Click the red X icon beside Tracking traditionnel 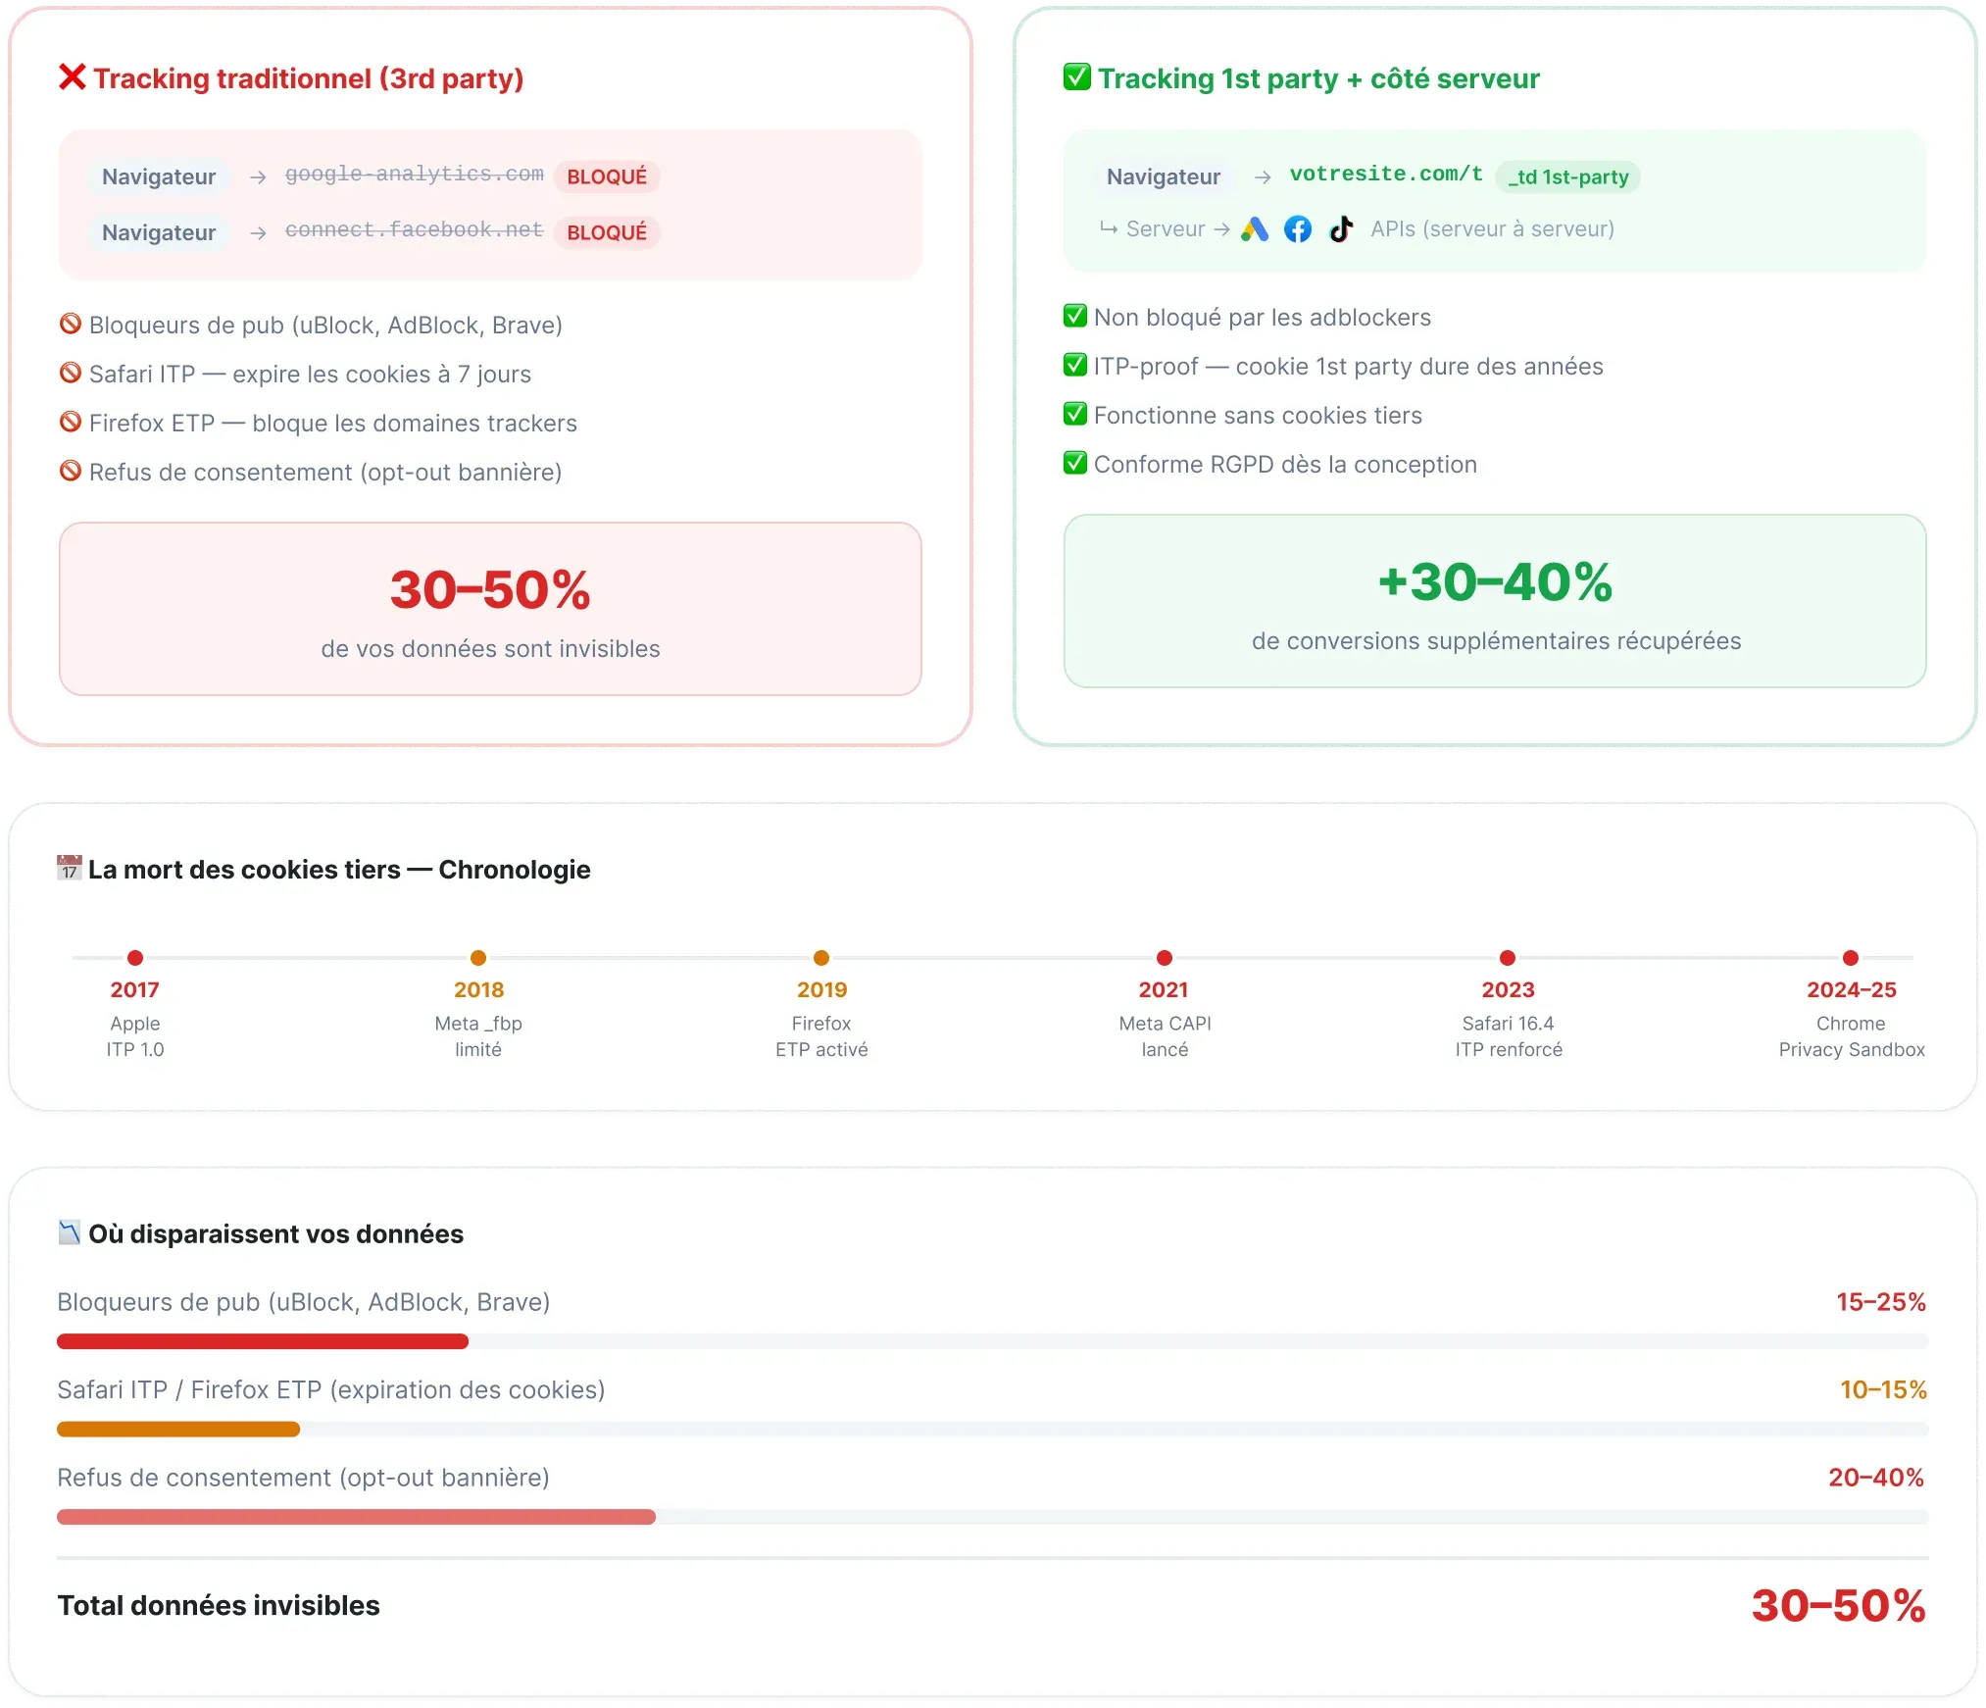[x=73, y=77]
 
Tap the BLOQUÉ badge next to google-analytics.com [x=607, y=176]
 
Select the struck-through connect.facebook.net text [x=414, y=229]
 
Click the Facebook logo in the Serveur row [x=1298, y=229]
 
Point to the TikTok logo [x=1341, y=229]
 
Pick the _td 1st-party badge [x=1567, y=176]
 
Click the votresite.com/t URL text [x=1386, y=174]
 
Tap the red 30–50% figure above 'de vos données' [x=490, y=589]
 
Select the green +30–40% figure [x=1495, y=581]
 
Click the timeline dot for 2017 [x=135, y=958]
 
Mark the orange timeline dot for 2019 [x=821, y=958]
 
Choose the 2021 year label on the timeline [x=1164, y=990]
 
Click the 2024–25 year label [x=1852, y=990]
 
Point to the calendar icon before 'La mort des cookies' [x=69, y=868]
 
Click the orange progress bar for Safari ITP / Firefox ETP [x=178, y=1430]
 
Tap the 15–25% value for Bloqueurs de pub [x=1881, y=1302]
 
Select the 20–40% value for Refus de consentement [x=1876, y=1478]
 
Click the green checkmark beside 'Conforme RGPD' [x=1075, y=463]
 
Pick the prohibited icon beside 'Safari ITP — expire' [x=71, y=373]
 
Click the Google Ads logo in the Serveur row [x=1255, y=229]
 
